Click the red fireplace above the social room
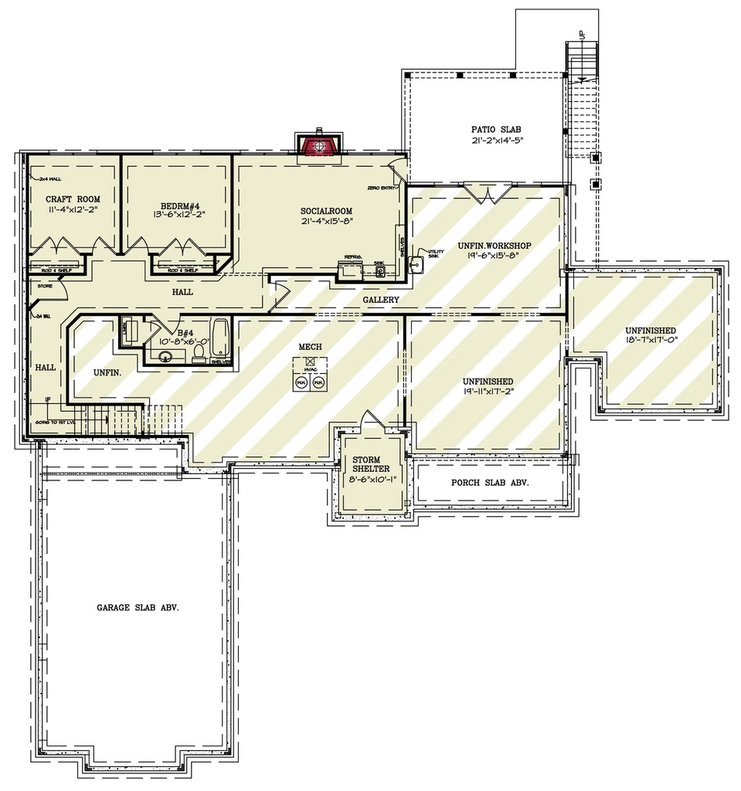[x=317, y=145]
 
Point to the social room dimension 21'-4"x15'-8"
[x=326, y=221]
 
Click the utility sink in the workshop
[x=416, y=264]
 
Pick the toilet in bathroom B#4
[x=199, y=353]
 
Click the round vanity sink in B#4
[x=164, y=357]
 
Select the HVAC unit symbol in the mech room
[x=310, y=361]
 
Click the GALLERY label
[x=381, y=299]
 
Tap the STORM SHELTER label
[x=367, y=464]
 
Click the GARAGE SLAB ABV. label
[x=138, y=607]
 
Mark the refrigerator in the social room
[x=352, y=267]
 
